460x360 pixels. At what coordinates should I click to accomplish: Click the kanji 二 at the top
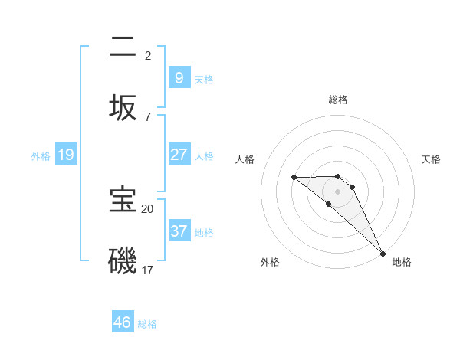pos(123,47)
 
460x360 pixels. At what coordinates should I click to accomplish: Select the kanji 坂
pos(123,106)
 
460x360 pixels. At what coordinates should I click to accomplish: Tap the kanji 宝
pos(123,200)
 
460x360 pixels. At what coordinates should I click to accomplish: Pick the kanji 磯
pos(123,260)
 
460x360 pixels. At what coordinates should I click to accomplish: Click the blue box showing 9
pos(179,77)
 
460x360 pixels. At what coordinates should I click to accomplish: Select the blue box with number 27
pos(179,155)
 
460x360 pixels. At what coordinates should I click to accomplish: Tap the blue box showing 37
pos(179,231)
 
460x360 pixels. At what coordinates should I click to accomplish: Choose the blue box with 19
pos(66,155)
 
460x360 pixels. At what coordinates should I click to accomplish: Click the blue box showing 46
pos(123,322)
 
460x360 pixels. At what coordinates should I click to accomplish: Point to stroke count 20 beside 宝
pos(147,208)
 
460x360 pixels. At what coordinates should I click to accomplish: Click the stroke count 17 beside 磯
pos(148,270)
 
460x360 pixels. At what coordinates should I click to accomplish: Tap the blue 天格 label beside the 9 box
pos(204,79)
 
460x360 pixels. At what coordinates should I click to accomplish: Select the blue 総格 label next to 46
pos(147,323)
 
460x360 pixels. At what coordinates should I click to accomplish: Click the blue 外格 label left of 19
pos(41,155)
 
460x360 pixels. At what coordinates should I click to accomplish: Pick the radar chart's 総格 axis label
pos(338,100)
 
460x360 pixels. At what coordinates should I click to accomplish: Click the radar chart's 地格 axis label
pos(402,262)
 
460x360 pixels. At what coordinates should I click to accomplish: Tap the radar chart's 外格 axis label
pos(270,262)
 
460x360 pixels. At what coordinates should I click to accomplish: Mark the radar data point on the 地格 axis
pos(383,253)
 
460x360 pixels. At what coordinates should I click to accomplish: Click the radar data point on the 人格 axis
pos(294,178)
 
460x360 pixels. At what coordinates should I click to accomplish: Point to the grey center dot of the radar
pos(338,191)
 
